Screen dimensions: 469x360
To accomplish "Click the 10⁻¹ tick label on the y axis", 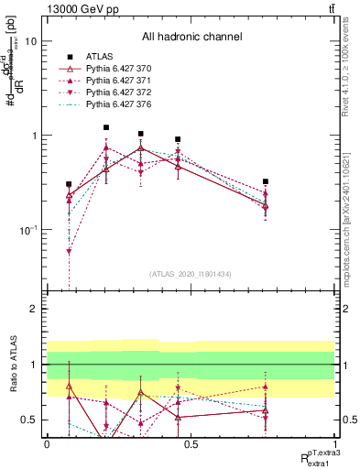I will (x=26, y=229).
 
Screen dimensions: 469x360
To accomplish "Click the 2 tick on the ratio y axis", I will (x=33, y=310).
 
